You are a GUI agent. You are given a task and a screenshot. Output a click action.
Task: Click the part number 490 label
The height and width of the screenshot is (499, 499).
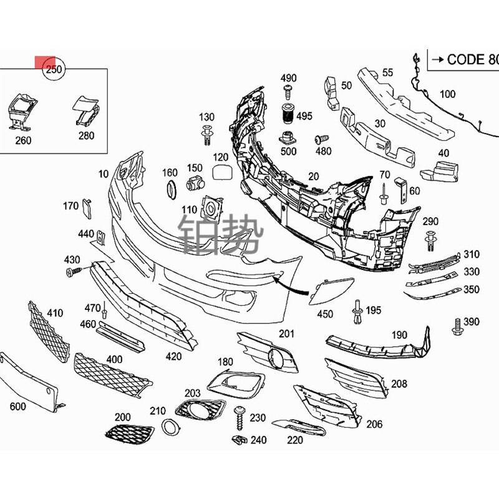(288, 79)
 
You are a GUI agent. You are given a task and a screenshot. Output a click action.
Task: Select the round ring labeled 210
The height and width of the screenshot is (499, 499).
(168, 428)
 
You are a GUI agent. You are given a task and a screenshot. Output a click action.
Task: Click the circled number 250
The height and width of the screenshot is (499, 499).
(54, 69)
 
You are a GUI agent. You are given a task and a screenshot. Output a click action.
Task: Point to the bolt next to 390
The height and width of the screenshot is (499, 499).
(456, 325)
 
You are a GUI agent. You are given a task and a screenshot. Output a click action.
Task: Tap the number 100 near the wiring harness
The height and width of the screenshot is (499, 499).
(447, 95)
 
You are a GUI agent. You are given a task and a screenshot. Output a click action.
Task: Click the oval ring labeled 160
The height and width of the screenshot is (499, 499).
(170, 189)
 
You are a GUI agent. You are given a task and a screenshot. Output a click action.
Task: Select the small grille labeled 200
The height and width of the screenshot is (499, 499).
(127, 433)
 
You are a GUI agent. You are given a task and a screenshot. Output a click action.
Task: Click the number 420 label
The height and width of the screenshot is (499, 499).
(173, 356)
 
